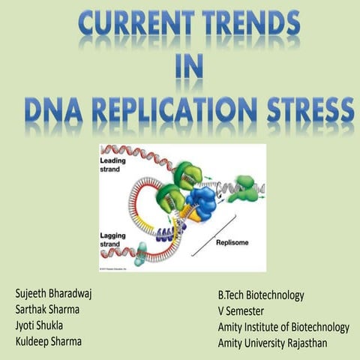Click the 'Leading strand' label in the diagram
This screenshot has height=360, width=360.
[113, 165]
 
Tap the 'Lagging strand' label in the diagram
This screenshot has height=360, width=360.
[115, 240]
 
